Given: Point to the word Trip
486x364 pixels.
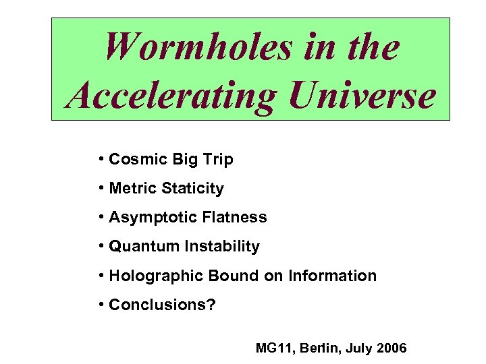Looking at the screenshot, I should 217,160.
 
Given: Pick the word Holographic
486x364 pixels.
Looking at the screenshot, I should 150,276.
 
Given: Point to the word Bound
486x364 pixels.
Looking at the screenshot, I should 219,276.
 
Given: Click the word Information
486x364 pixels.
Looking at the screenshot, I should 332,276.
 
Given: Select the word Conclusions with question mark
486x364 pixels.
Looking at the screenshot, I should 162,305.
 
